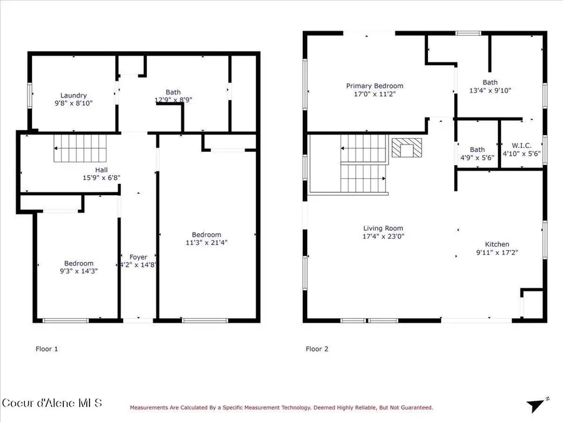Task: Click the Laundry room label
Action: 73,96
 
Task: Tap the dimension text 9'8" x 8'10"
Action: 73,104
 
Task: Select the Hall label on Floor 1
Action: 101,169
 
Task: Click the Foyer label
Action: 138,257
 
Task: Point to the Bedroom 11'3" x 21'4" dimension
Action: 206,243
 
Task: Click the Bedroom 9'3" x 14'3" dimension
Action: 78,271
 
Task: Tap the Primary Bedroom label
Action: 375,86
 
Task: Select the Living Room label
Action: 383,228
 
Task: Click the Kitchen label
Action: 497,244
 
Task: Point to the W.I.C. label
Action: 521,145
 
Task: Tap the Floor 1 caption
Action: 46,349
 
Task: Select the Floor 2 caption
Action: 317,349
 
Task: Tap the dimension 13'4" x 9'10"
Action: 490,91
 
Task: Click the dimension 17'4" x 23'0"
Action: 383,236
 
